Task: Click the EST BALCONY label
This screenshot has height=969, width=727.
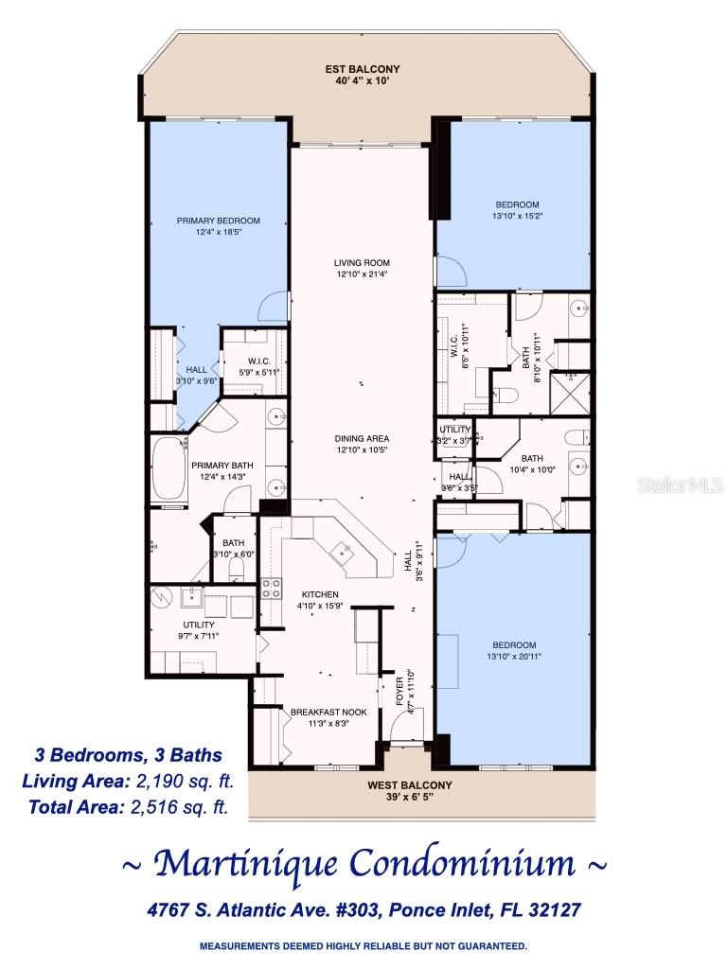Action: coord(362,69)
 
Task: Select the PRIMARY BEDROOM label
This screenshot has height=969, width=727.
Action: coord(219,220)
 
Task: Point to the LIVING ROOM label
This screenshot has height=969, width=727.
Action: coord(362,263)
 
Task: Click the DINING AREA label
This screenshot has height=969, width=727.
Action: coord(362,438)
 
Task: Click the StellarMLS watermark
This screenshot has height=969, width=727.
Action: coord(679,484)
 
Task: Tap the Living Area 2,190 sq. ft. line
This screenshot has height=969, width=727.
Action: coord(128,781)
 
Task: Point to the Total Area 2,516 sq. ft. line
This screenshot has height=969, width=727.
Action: coord(126,806)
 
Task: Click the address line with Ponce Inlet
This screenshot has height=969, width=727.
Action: coord(363,909)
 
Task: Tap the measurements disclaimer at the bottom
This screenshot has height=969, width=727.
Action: coord(363,945)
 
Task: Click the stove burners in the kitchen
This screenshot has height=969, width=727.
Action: coord(271,589)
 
